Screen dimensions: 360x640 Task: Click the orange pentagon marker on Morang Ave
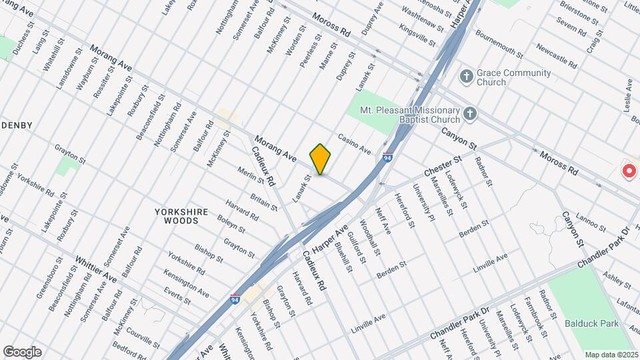(321, 159)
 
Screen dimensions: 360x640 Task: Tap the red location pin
(629, 170)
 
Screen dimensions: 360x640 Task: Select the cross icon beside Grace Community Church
(467, 76)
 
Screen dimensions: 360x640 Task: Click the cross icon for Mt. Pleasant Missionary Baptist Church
(470, 114)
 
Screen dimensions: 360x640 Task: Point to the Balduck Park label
(592, 324)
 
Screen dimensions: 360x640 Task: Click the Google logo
(22, 352)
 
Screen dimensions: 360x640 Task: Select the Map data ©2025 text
(611, 355)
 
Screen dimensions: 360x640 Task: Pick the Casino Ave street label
(354, 143)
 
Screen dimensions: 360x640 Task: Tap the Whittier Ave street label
(96, 268)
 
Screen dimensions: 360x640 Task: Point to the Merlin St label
(251, 178)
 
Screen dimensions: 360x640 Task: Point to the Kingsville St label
(417, 30)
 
